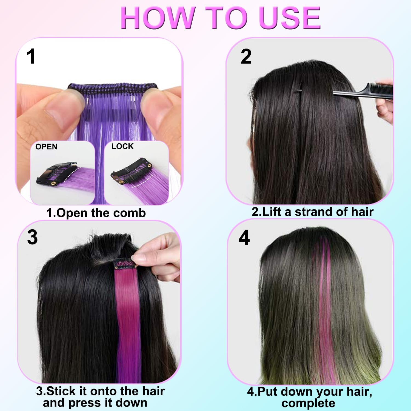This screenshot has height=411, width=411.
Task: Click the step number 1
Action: click(x=31, y=57)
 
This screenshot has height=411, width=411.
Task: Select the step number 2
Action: click(x=246, y=57)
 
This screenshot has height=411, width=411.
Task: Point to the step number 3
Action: click(x=32, y=237)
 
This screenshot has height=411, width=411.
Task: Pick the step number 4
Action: click(x=244, y=238)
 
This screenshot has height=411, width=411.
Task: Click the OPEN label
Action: click(x=46, y=147)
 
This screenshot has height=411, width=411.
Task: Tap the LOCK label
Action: click(x=122, y=146)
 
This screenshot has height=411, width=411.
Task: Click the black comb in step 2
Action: click(x=364, y=91)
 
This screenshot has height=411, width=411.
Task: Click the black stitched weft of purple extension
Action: click(x=112, y=88)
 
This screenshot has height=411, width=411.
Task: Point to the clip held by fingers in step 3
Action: click(x=125, y=264)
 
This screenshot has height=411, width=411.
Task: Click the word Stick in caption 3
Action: click(x=61, y=391)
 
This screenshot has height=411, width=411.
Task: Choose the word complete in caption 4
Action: click(x=308, y=403)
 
